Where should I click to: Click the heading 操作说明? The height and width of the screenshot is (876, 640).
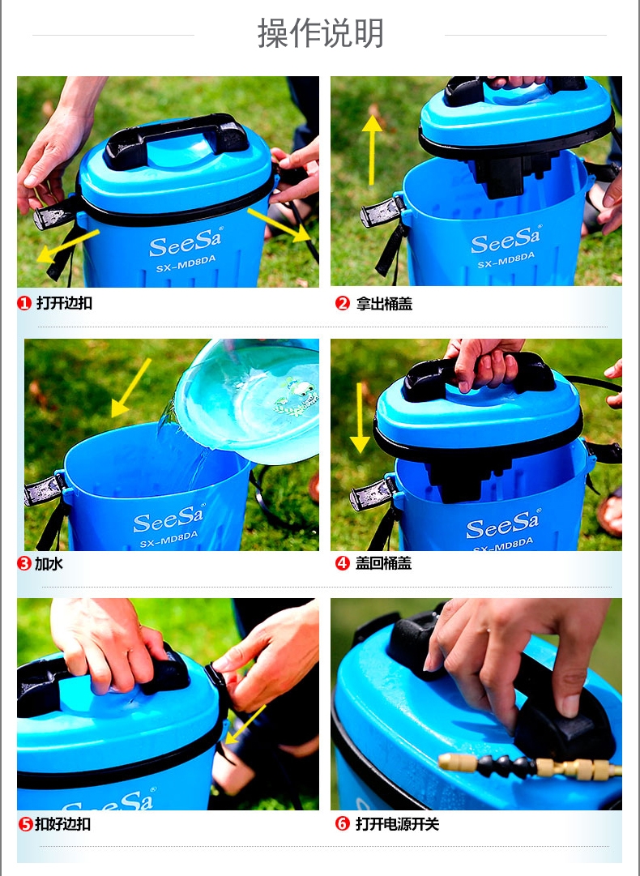click(320, 33)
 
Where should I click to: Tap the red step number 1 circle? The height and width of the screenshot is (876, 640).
click(24, 303)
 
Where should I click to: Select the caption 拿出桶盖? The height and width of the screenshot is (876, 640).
click(384, 304)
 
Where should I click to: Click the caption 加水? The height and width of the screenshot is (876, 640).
click(49, 564)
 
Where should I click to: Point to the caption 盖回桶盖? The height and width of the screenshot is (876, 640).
click(384, 563)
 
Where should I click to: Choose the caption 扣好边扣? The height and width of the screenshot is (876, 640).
click(62, 824)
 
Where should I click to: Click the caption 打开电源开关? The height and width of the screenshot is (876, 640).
click(398, 824)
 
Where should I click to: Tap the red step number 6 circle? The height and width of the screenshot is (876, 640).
click(343, 823)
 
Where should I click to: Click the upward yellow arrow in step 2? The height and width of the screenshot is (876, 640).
click(371, 150)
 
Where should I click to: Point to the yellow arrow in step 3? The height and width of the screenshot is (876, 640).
click(130, 387)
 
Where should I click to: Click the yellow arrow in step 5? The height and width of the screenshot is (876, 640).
click(245, 724)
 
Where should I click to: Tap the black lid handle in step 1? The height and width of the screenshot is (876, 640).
click(176, 139)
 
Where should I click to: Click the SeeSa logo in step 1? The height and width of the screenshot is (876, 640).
click(186, 242)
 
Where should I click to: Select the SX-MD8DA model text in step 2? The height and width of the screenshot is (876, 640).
click(506, 260)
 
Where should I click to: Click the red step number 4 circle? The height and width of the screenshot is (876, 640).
click(343, 563)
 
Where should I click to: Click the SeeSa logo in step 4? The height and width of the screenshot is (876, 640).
click(502, 524)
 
